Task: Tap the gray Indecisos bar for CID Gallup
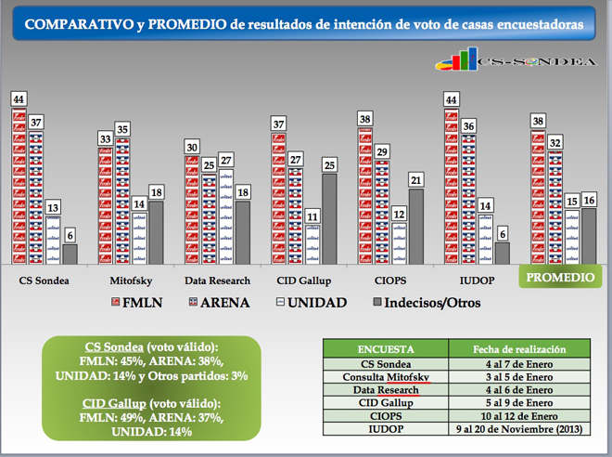(328, 218)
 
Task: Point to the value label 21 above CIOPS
(415, 179)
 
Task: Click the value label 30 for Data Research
(190, 147)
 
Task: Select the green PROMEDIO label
(560, 278)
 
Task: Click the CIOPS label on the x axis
(389, 278)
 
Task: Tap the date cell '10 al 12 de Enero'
(518, 418)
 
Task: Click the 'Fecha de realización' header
(518, 348)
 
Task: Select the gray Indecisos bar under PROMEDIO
(588, 236)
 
